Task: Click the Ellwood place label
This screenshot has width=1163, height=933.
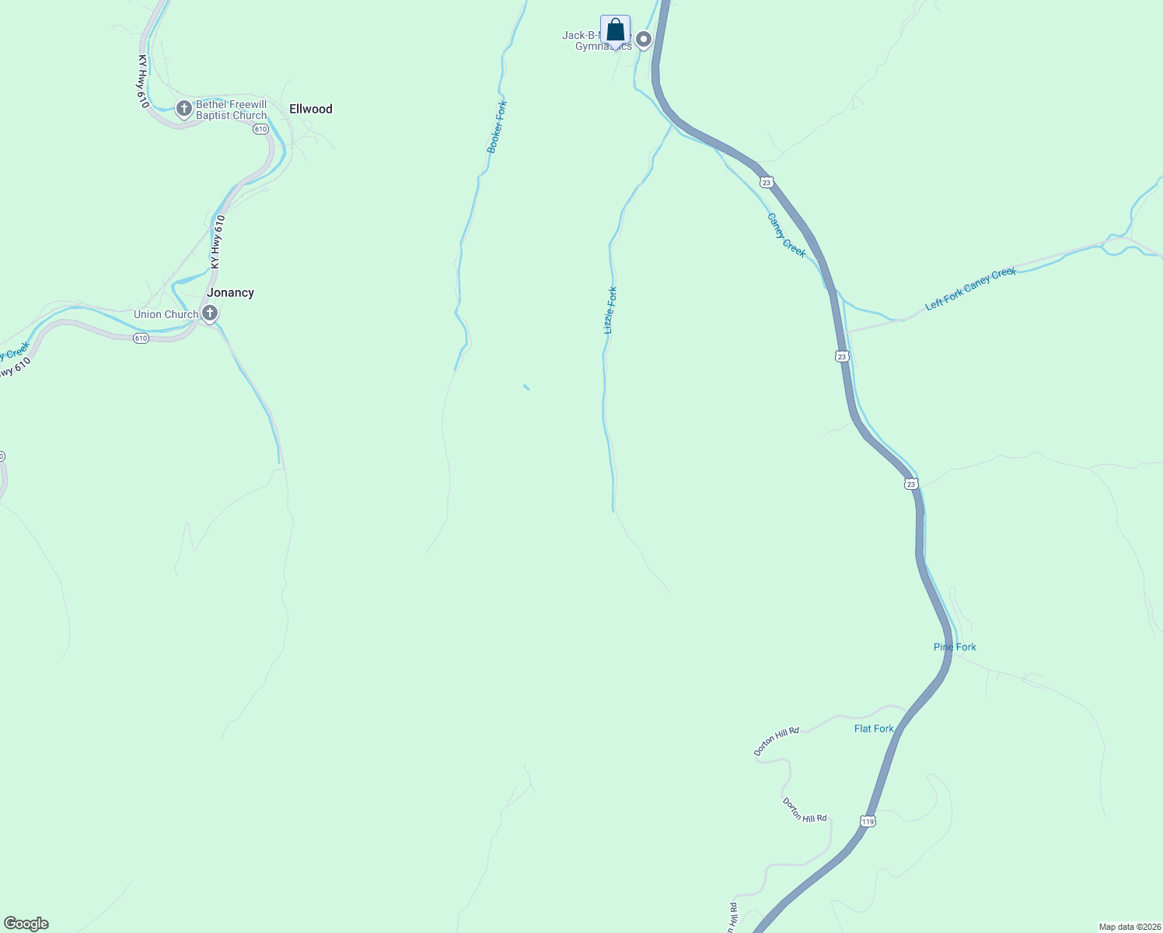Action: tap(310, 109)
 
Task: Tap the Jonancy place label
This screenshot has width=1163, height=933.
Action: tap(230, 292)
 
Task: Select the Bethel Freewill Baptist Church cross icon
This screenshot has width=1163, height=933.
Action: tap(184, 109)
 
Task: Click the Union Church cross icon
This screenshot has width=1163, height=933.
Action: tap(209, 313)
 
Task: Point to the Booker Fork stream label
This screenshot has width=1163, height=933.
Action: tap(497, 126)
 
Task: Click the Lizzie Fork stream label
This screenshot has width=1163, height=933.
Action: tap(610, 310)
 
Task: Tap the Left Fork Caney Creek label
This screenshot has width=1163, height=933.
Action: tap(970, 288)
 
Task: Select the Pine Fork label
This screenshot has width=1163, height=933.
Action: tap(955, 647)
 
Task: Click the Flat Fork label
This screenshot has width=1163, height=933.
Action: tap(874, 729)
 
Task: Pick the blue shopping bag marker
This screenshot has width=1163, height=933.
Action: tap(615, 30)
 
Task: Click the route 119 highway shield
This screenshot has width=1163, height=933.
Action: tap(868, 821)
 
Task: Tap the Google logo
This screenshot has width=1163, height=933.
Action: tap(26, 924)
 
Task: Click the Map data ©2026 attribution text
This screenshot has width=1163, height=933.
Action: tap(1129, 927)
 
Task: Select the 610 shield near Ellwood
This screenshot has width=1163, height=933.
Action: tap(260, 129)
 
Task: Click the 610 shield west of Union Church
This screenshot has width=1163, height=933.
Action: tap(140, 338)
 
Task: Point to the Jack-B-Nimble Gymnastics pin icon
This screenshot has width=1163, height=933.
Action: tap(644, 38)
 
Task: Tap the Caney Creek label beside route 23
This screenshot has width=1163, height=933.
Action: tap(786, 235)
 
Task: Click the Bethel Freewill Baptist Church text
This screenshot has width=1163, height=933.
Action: tap(231, 110)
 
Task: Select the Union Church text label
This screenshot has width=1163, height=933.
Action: tap(166, 314)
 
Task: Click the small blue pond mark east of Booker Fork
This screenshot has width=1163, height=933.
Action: tap(526, 386)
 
